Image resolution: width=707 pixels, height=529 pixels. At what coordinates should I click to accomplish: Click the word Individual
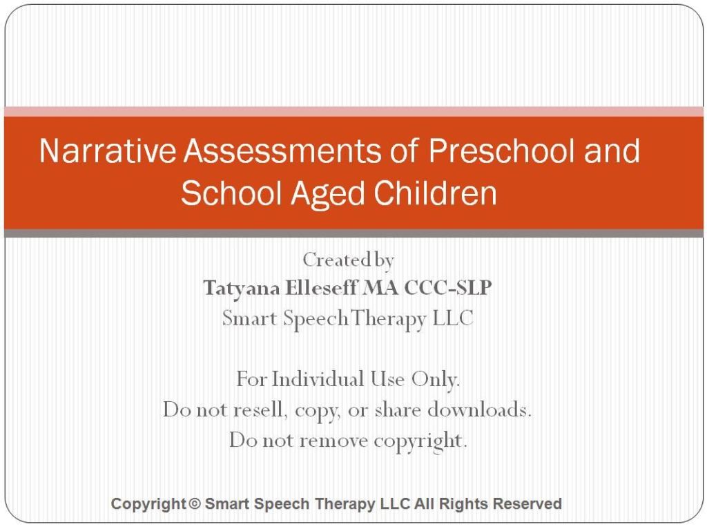click(x=318, y=379)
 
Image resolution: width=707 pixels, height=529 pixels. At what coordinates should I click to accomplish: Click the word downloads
click(x=480, y=410)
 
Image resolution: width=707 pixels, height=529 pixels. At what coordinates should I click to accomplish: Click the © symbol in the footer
click(x=194, y=504)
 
